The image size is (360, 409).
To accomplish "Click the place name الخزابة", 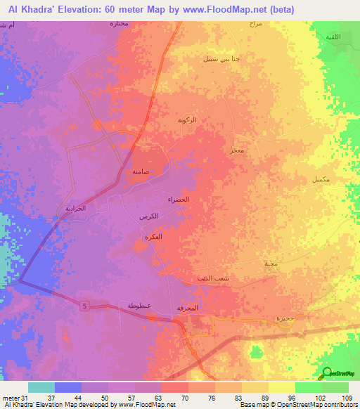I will (75, 209).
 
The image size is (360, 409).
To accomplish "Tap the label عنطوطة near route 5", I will (140, 306).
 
